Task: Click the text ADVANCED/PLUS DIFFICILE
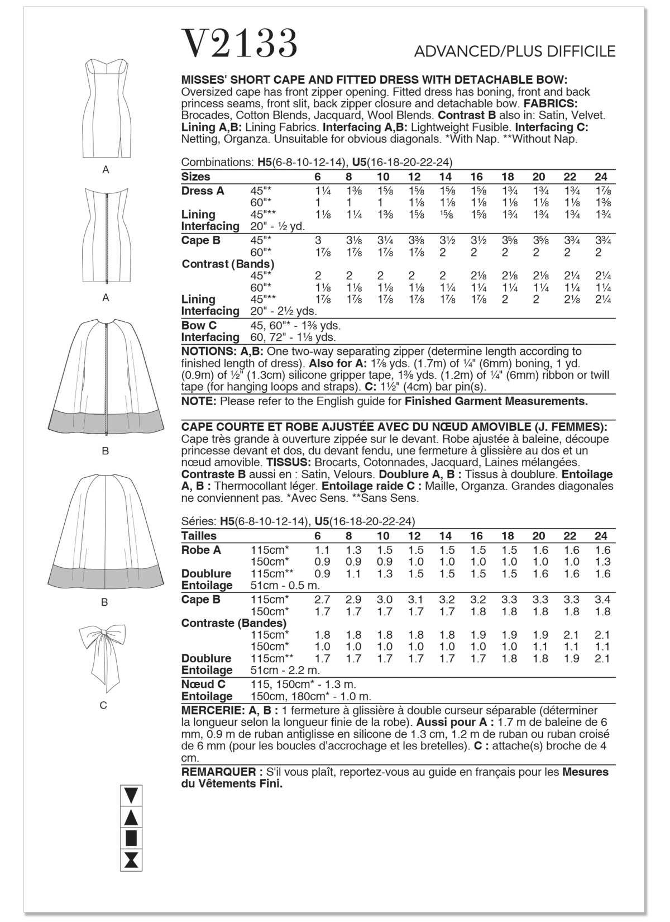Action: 514,51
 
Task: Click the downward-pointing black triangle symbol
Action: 132,795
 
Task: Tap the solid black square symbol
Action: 132,838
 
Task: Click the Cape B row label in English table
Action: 200,240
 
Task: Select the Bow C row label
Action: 199,325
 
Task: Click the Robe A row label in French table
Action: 201,550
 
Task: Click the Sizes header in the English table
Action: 195,177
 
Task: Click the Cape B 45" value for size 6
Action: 318,241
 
